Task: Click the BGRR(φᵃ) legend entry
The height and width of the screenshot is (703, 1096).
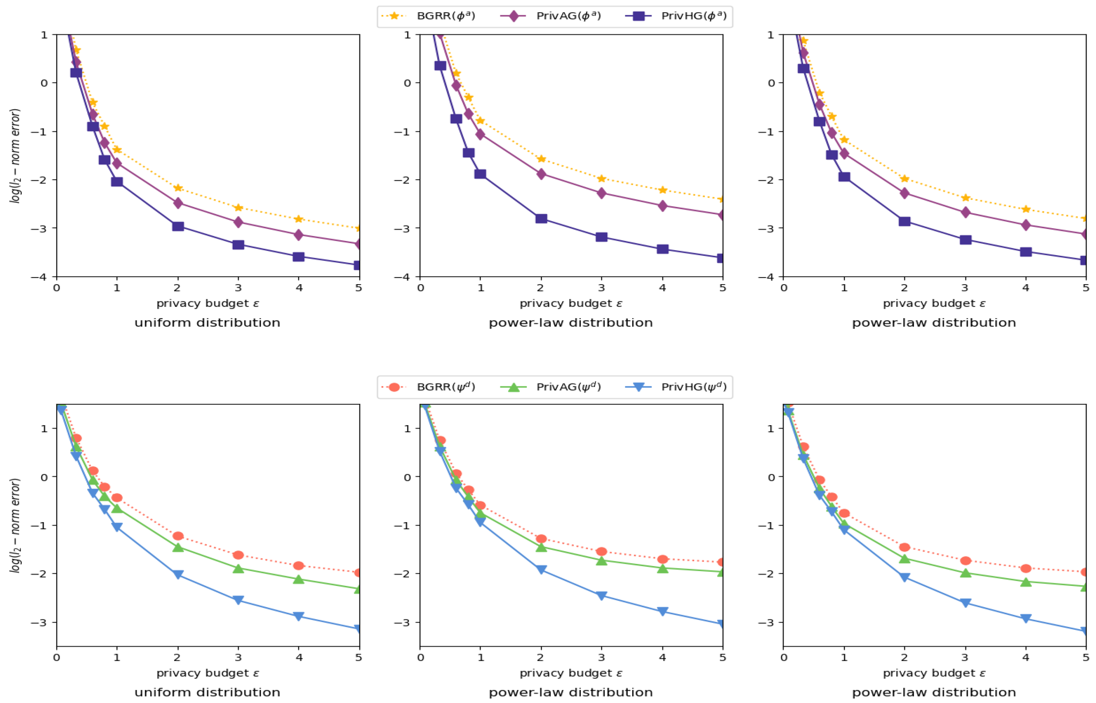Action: point(428,16)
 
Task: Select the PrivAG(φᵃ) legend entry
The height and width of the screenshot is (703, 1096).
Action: point(550,16)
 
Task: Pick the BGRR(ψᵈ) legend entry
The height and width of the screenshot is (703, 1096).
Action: point(428,387)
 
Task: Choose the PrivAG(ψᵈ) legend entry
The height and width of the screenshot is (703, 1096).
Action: point(550,387)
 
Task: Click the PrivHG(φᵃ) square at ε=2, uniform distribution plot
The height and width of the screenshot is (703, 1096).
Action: point(178,226)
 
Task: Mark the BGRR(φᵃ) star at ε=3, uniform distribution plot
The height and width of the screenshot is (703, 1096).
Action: point(238,208)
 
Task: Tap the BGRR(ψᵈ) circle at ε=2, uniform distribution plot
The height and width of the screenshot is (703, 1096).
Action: point(178,536)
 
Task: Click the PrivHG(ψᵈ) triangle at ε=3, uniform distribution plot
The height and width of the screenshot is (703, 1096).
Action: point(238,600)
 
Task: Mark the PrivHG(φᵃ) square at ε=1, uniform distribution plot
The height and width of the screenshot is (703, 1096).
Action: point(117,182)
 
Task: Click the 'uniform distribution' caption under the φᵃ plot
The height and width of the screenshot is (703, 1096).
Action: point(207,323)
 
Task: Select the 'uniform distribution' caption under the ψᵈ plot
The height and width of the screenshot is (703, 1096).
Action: point(207,693)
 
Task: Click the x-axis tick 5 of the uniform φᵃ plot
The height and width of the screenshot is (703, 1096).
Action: point(359,288)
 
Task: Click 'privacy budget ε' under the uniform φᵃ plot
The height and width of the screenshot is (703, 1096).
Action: point(208,304)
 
